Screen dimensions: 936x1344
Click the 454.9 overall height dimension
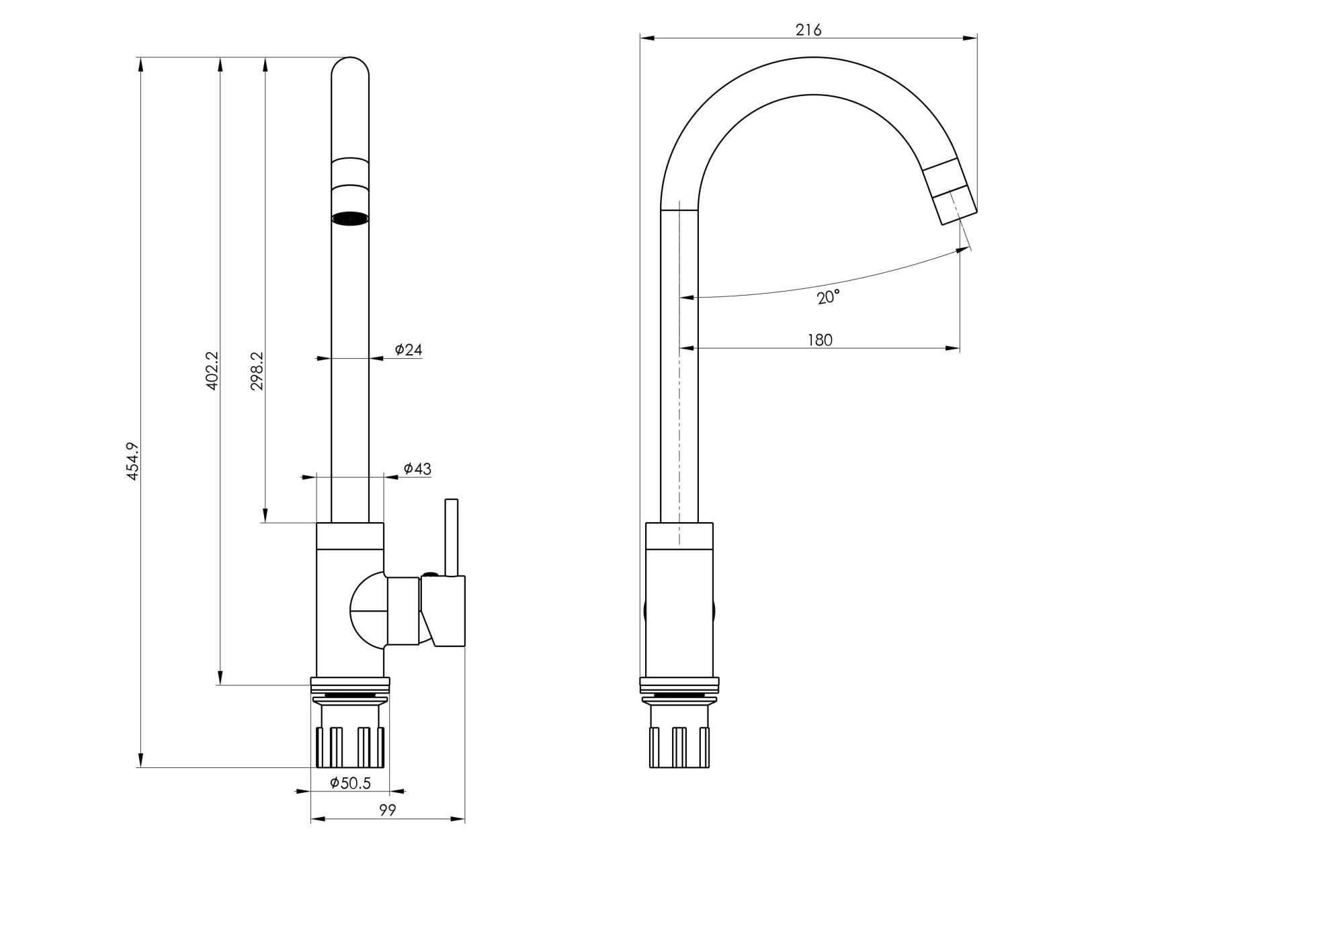pyautogui.click(x=132, y=461)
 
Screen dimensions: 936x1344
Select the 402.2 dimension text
pyautogui.click(x=212, y=370)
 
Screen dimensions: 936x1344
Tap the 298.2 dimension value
pyautogui.click(x=257, y=371)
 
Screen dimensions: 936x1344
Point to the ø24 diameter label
pyautogui.click(x=409, y=349)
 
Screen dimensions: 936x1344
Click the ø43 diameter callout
pyautogui.click(x=417, y=468)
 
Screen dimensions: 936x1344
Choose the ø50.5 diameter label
pyautogui.click(x=350, y=783)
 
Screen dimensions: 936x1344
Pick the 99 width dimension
pyautogui.click(x=388, y=810)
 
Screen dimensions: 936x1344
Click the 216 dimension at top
pyautogui.click(x=808, y=30)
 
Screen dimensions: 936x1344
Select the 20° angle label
pyautogui.click(x=828, y=297)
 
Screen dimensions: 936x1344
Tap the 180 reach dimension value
pyautogui.click(x=820, y=340)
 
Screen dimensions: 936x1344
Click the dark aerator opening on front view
pyautogui.click(x=350, y=218)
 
